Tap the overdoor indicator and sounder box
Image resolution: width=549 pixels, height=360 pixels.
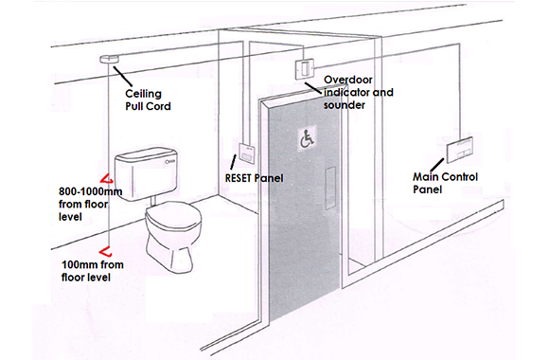[x=304, y=69]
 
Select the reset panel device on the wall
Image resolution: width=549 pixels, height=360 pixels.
[x=241, y=150]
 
